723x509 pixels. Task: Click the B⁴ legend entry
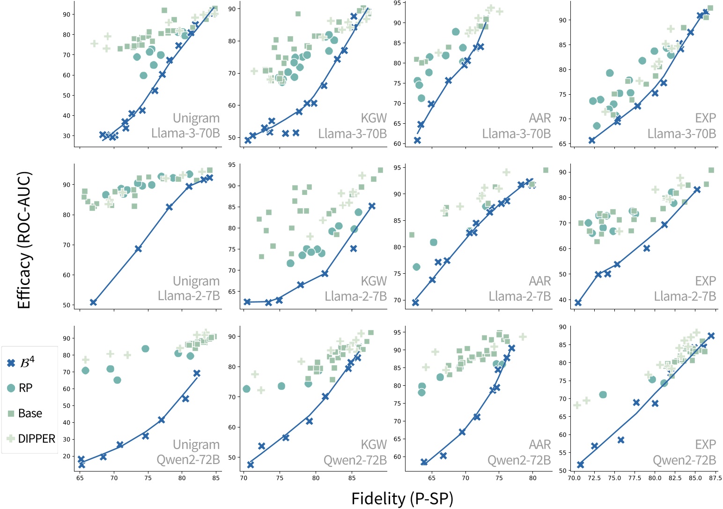(x=22, y=363)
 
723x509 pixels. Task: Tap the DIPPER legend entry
(x=31, y=439)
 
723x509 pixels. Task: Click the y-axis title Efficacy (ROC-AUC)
(x=23, y=240)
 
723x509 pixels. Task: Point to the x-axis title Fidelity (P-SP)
(x=402, y=499)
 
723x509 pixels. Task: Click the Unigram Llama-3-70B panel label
(x=186, y=126)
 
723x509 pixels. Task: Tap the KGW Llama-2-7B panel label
(x=356, y=289)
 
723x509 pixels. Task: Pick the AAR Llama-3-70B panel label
(x=516, y=126)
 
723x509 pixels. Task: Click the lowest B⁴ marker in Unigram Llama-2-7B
(x=93, y=302)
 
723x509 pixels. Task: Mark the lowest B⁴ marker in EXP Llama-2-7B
(x=578, y=303)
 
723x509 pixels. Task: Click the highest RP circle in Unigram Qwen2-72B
(x=145, y=349)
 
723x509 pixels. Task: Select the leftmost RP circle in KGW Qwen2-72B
(x=246, y=389)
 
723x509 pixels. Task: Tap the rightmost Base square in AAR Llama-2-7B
(x=546, y=170)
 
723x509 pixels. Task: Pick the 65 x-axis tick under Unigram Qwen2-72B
(x=80, y=478)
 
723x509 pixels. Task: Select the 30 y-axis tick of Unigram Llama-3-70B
(x=66, y=136)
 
